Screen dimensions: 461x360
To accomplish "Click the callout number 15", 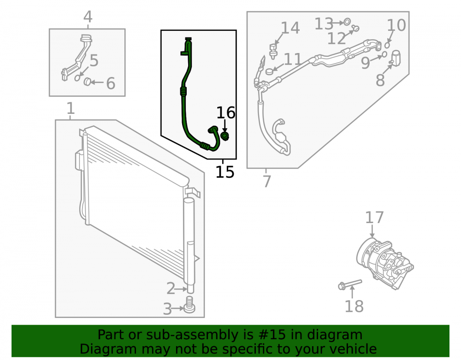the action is [x=225, y=172].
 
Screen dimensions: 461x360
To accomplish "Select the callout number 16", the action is [x=226, y=113].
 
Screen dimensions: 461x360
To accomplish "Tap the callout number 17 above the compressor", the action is [x=374, y=218].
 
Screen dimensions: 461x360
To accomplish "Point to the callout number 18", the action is [x=354, y=306].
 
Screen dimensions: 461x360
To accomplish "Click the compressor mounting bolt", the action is [x=350, y=284].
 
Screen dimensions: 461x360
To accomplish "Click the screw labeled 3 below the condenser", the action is [x=189, y=305].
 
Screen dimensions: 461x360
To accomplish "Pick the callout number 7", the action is [x=266, y=181].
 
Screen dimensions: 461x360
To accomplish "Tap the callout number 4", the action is [x=88, y=17].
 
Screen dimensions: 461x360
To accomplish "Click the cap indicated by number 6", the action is [x=88, y=82].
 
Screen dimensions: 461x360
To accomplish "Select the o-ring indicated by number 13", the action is [x=347, y=22].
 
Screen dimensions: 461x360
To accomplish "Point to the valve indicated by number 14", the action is [x=273, y=51].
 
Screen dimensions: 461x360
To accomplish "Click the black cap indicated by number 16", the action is [x=225, y=136].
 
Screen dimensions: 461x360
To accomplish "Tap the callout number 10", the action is [x=396, y=25].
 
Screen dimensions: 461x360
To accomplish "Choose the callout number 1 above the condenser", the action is [x=71, y=108].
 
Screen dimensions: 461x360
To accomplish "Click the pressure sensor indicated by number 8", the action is [x=396, y=58].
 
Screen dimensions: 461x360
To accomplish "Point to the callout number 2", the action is [x=171, y=289].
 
